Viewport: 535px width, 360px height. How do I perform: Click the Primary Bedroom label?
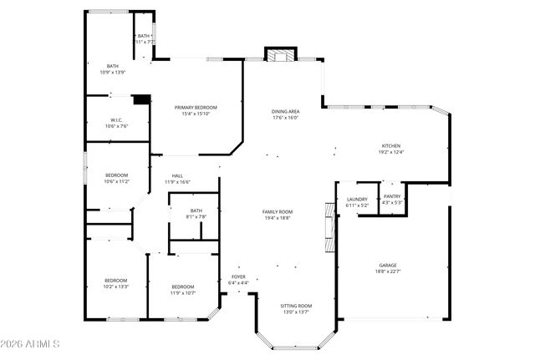(x=196, y=108)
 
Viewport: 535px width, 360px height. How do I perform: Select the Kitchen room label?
(x=391, y=145)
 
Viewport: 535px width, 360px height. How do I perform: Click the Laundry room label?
(x=357, y=199)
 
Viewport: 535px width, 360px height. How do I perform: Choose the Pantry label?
(x=392, y=196)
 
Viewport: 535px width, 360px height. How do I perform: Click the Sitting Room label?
(x=296, y=306)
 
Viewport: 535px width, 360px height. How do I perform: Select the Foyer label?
(x=238, y=276)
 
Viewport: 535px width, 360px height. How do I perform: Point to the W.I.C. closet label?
(x=116, y=120)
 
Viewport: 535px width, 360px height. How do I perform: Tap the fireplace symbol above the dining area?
(x=280, y=55)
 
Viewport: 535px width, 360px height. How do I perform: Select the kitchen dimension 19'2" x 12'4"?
(x=391, y=152)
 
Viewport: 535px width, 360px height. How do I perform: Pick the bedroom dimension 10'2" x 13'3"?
(x=115, y=286)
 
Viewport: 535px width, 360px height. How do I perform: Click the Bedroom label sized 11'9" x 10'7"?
(x=183, y=286)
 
